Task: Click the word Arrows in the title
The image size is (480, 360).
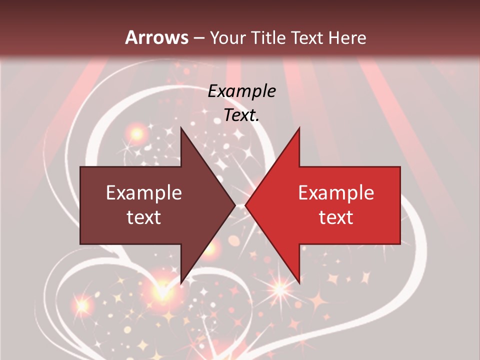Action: coord(157,37)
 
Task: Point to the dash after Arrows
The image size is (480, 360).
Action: coord(199,38)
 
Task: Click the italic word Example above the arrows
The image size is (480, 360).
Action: coord(241,91)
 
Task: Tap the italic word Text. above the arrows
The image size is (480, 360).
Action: coord(241,115)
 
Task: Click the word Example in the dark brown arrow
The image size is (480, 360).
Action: coord(144,193)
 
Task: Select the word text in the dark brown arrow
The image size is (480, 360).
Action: coord(144,217)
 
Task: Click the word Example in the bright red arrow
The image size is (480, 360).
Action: coord(336,193)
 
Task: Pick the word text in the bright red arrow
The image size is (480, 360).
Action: coord(336,217)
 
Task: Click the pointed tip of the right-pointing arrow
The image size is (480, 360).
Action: coord(235,205)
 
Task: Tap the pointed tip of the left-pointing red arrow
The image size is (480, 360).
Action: coord(245,205)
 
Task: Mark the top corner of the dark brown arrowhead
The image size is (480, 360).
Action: coord(181,127)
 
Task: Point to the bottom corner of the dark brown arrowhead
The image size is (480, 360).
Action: coord(181,283)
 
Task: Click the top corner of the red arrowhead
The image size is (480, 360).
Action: coord(299,127)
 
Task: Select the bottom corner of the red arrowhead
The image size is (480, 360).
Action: coord(299,283)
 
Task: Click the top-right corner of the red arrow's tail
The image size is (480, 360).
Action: coord(400,167)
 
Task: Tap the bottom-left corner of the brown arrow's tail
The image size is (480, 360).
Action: coord(80,244)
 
